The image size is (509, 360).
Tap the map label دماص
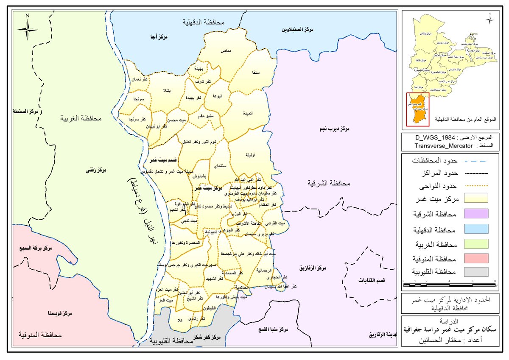(225, 51)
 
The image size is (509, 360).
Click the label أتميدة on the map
(249, 113)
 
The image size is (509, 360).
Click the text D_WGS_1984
(434, 139)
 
